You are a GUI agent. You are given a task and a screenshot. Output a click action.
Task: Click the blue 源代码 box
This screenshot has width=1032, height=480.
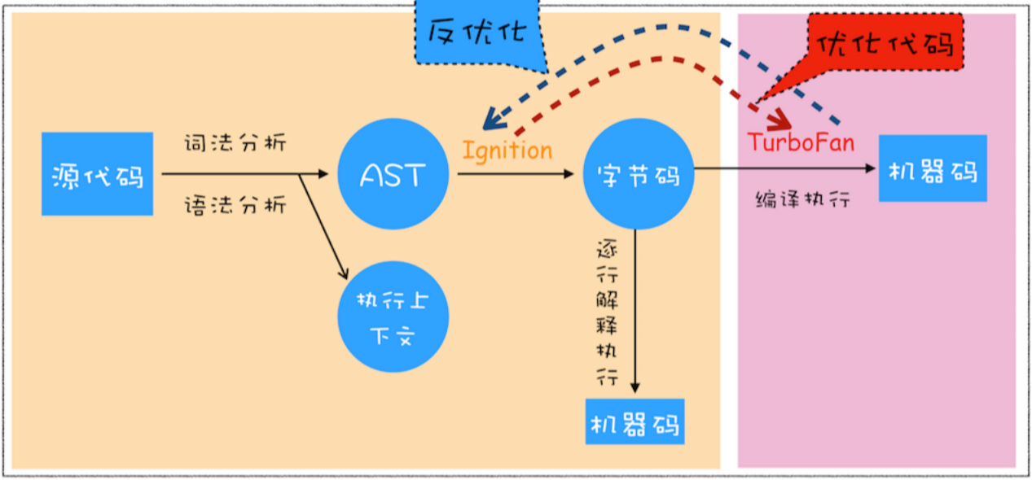coord(97,174)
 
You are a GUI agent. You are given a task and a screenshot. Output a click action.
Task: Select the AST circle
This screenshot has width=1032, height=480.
coord(393,174)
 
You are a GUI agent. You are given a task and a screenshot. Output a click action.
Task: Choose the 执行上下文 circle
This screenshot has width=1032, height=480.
coord(393,318)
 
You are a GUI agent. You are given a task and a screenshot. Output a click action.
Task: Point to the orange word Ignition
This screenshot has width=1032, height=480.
coord(507,151)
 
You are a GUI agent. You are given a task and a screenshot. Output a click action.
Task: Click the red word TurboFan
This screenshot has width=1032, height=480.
coord(801,142)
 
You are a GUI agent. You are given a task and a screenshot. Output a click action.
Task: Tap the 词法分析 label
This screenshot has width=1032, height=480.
coord(235,143)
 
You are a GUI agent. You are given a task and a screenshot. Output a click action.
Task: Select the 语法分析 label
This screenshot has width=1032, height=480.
coord(235,205)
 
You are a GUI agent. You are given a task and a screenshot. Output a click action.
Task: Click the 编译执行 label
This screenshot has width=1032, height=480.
coord(803,199)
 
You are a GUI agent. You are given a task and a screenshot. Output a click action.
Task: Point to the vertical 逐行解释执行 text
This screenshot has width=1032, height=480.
coord(607,313)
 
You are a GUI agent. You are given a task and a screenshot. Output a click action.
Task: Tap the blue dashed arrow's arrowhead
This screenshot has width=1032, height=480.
coord(490,121)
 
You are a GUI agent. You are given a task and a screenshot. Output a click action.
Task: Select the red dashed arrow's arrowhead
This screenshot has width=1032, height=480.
coord(783,118)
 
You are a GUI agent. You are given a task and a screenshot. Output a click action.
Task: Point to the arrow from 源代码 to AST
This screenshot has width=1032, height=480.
coord(244,173)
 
